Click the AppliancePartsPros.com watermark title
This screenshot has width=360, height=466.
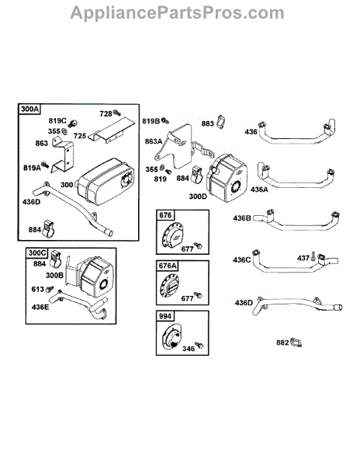tap(177, 12)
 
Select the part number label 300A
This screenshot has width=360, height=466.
tap(30, 109)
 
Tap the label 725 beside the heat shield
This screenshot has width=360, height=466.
tap(80, 136)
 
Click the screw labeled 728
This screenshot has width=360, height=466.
tap(117, 113)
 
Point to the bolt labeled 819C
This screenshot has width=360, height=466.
tap(73, 123)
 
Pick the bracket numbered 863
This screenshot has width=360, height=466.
tap(63, 155)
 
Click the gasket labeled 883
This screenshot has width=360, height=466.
tap(220, 122)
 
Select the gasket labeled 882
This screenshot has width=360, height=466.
tap(296, 343)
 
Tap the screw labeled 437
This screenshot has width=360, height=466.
tap(313, 256)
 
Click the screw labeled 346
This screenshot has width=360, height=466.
tap(199, 345)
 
